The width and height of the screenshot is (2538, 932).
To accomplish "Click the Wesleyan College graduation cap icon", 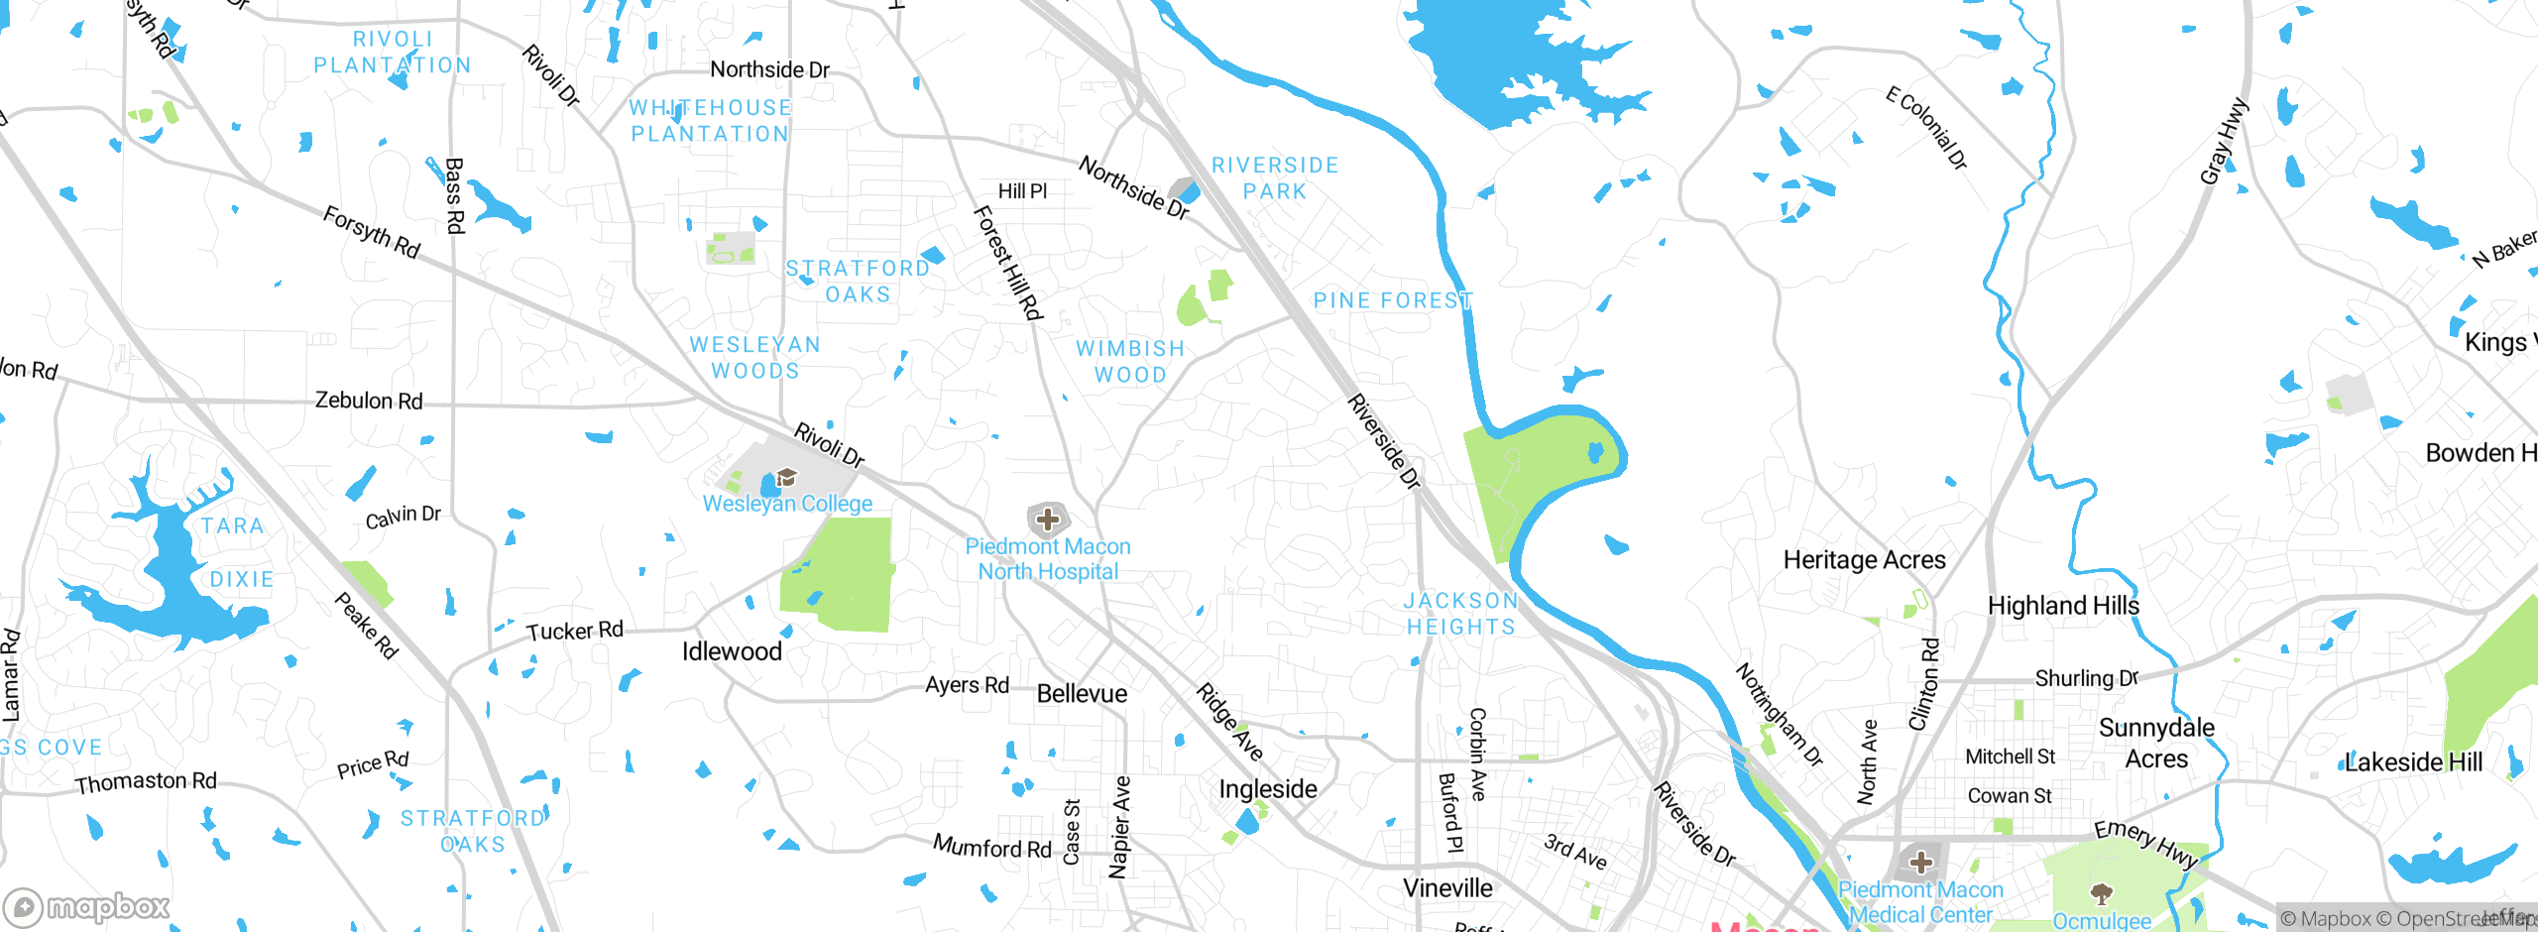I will point(787,478).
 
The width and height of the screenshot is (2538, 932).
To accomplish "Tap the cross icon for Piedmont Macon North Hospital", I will point(1048,519).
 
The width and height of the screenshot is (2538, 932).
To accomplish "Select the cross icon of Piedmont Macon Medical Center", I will point(1921,862).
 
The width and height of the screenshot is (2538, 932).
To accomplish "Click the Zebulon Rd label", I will point(369,401).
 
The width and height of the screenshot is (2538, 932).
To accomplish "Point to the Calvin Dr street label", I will point(403,517).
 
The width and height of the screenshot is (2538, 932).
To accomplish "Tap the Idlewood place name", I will point(732,651).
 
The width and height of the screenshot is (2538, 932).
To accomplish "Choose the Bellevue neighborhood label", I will point(1082,693).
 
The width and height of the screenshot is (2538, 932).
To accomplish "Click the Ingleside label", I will point(1268,789).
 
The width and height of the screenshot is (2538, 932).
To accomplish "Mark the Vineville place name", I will point(1447,887).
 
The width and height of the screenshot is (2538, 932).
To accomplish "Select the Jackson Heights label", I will point(1461,614).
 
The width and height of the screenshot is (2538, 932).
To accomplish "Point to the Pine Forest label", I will point(1393,300).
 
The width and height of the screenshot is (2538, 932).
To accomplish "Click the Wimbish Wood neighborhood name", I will point(1130,362).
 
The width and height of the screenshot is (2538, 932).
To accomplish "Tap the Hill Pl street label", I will point(1022,191).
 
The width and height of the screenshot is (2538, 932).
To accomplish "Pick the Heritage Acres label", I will point(1864,560).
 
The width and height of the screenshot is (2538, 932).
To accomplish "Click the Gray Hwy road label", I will point(2224,142).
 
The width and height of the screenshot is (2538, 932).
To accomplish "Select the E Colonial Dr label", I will point(1926,128).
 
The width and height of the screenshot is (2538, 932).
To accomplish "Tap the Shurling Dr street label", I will point(2086,678).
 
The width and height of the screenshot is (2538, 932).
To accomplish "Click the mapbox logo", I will point(87,907).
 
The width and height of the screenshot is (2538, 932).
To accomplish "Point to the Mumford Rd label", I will point(991,847).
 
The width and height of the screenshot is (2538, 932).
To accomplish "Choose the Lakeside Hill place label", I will point(2412,762).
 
